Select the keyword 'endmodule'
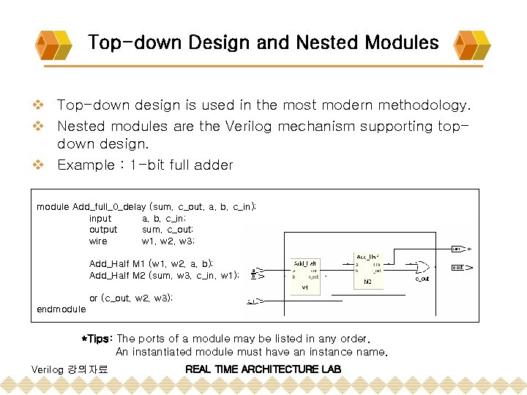coord(61,309)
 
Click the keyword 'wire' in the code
coord(98,241)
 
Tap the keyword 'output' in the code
coord(103,230)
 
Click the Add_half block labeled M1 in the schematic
coord(305,274)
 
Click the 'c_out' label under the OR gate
coord(422,279)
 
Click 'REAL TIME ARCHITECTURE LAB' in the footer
coord(263,369)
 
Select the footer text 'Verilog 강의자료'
coord(70,369)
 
